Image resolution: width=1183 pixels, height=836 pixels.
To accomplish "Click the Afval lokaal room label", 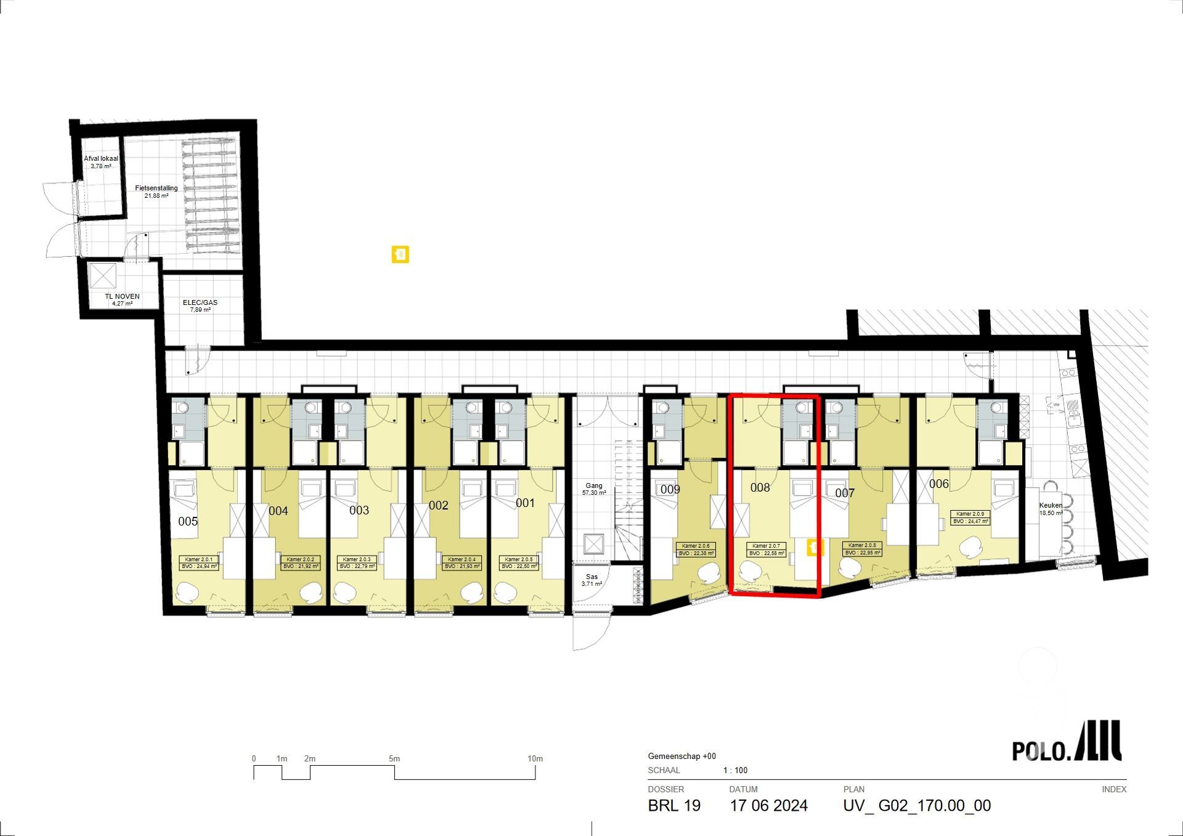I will pos(101,162).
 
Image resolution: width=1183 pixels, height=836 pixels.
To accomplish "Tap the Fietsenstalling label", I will pos(157,192).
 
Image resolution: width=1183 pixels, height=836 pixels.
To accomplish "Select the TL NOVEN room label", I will pos(122,299).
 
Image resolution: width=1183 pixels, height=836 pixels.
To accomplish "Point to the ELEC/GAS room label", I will pos(200,306).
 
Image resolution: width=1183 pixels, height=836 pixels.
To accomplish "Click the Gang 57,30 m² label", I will pos(594,489).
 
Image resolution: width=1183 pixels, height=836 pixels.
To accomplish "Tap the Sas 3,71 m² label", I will pos(591,580).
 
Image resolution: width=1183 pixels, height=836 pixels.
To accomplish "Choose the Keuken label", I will pos(1051,509).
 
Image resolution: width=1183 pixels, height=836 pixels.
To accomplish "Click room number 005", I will pos(188,521).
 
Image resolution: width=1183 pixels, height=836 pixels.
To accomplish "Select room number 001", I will pos(525,503).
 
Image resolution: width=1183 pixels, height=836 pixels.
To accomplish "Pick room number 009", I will pos(670,489).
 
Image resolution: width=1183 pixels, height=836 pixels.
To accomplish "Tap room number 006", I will pos(938,484).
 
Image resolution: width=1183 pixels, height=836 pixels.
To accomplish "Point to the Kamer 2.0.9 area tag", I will pos(970,517).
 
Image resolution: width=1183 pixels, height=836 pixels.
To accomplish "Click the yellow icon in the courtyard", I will pos(400,254).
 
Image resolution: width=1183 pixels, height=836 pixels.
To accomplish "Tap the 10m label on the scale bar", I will pos(535,758).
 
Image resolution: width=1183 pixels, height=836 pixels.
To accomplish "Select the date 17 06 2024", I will pos(768,806).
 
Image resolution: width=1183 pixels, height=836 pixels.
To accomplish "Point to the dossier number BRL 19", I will pos(674,806).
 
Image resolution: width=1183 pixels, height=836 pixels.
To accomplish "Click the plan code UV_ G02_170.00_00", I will pos(917,806).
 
